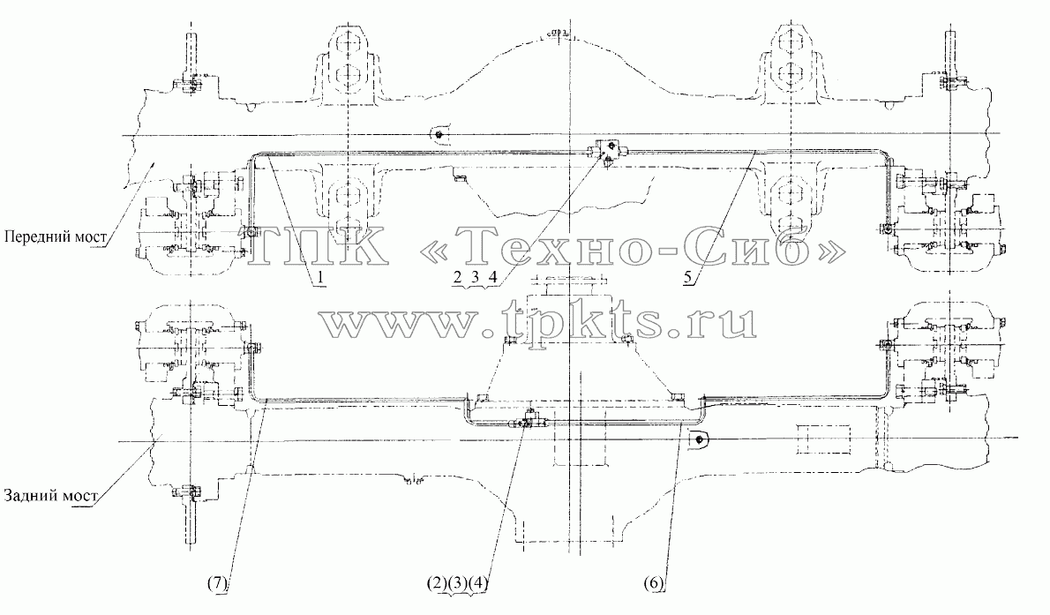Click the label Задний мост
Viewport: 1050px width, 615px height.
(51, 496)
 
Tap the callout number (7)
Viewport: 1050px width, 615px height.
(218, 583)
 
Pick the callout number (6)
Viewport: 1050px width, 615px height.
(654, 583)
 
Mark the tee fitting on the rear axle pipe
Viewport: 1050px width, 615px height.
(529, 421)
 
